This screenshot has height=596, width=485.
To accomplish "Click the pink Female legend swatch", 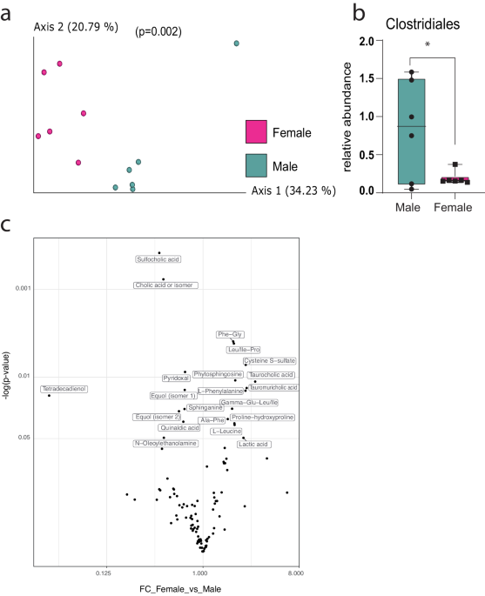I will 257,133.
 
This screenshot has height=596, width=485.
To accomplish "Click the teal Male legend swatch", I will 257,164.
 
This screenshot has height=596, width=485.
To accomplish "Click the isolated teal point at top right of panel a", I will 236,43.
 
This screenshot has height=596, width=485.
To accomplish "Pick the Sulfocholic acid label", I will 158,259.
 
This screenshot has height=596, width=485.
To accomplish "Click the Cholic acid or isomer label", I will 165,285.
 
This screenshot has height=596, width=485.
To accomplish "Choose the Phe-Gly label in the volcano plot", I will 230,334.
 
